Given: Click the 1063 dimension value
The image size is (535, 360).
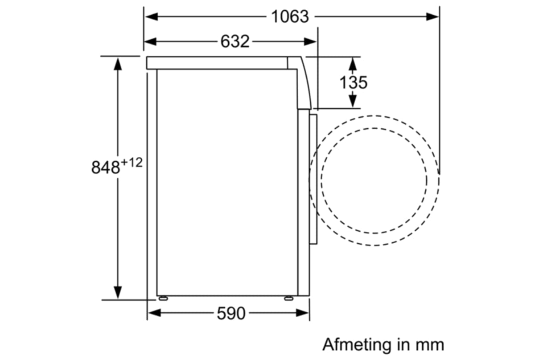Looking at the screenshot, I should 290,16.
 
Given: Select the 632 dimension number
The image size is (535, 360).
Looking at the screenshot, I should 235,41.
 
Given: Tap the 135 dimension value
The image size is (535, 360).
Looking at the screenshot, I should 353,82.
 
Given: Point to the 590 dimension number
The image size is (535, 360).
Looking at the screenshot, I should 231,314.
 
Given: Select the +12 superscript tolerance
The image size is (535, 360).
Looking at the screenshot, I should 132,163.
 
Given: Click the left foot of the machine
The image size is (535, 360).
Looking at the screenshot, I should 162,298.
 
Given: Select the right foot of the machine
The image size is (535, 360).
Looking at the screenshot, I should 289,298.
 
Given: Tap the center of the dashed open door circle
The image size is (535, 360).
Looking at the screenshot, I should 374,180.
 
